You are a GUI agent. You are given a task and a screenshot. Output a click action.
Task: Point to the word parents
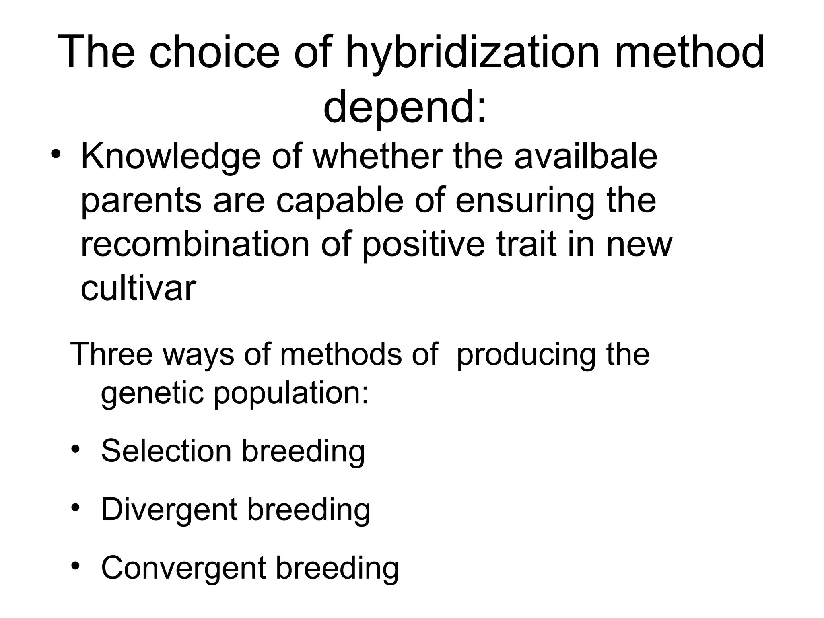[x=141, y=201]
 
